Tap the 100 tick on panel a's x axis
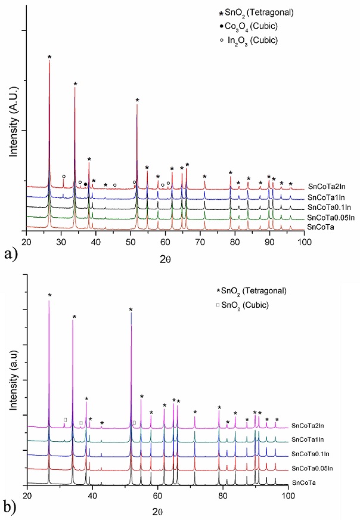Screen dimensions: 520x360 tap(305, 242)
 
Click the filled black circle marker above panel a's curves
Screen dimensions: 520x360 tap(86, 184)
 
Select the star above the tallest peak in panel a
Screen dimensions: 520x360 tap(49, 57)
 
